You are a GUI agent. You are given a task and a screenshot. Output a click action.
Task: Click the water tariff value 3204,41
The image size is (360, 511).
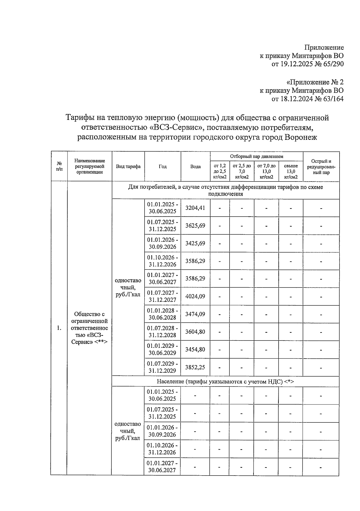(x=195, y=208)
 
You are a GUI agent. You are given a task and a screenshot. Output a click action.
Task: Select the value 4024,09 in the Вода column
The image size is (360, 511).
(x=195, y=296)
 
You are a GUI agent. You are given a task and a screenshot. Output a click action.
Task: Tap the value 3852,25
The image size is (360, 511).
(x=195, y=367)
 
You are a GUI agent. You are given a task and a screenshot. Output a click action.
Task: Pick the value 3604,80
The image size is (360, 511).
(x=195, y=332)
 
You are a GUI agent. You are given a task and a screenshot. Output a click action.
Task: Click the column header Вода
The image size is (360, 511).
(x=195, y=167)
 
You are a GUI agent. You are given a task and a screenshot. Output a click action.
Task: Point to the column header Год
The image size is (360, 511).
(x=163, y=167)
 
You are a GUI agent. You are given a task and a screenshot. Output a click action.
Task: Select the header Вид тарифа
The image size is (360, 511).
(x=128, y=167)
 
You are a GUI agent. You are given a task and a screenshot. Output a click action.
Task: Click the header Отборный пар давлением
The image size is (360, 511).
(x=256, y=156)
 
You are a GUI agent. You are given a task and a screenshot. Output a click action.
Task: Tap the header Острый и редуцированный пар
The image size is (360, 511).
(x=321, y=167)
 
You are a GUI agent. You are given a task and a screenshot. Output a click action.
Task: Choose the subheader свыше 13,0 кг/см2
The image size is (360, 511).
(x=291, y=171)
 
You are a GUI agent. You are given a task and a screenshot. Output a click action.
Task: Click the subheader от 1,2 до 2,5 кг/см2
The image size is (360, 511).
(x=220, y=171)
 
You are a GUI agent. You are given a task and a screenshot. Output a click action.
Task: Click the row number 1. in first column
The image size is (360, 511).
(x=59, y=328)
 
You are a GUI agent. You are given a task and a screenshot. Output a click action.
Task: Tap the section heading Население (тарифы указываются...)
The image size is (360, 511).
(x=225, y=381)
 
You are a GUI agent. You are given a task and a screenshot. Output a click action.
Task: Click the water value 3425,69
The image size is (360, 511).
(x=195, y=243)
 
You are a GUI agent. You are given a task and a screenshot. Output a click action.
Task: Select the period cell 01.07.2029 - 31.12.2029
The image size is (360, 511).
(x=162, y=367)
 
